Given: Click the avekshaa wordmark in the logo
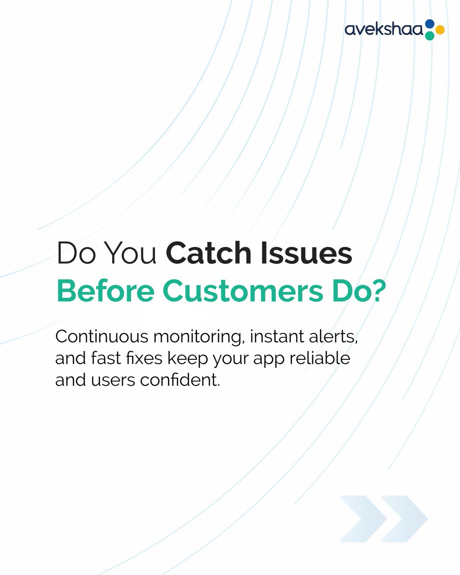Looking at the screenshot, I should click(x=383, y=30).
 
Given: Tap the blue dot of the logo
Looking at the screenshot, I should click(x=429, y=23).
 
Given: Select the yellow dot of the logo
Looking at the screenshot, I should click(x=439, y=30).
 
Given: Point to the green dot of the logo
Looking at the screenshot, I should click(x=429, y=36).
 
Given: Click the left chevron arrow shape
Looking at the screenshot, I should click(x=363, y=519).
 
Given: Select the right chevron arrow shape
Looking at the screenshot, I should click(x=404, y=519).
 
